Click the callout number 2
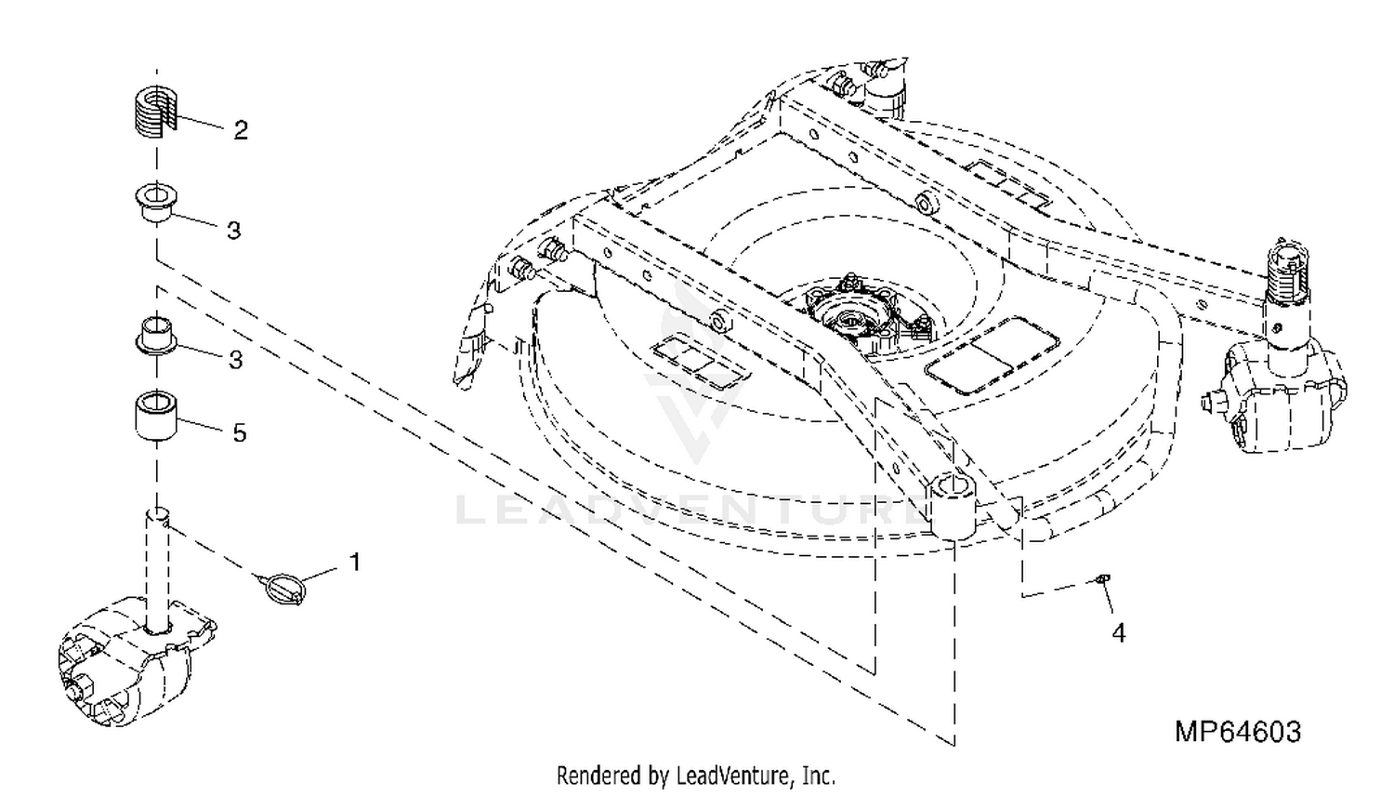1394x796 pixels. (241, 130)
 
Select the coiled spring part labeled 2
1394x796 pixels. (155, 111)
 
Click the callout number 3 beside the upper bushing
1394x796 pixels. (233, 231)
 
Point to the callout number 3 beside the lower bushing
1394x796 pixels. (235, 360)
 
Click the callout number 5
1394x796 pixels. (240, 433)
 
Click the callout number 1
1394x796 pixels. (355, 562)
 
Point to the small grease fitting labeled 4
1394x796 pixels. (1101, 579)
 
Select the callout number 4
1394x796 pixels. (1118, 633)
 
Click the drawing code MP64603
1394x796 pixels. (1238, 731)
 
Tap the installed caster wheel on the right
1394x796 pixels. (1276, 399)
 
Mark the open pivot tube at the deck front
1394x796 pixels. (953, 505)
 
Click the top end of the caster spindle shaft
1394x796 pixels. (157, 514)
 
